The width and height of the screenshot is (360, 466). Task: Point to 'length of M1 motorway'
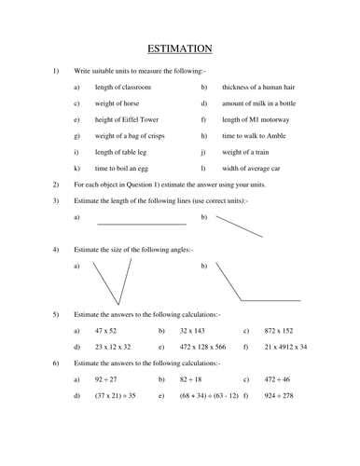point(256,119)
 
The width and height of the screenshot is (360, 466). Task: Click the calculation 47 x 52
point(108,331)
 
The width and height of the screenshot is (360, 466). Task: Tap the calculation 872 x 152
point(279,331)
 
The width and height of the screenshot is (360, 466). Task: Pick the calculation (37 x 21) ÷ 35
point(115,395)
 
